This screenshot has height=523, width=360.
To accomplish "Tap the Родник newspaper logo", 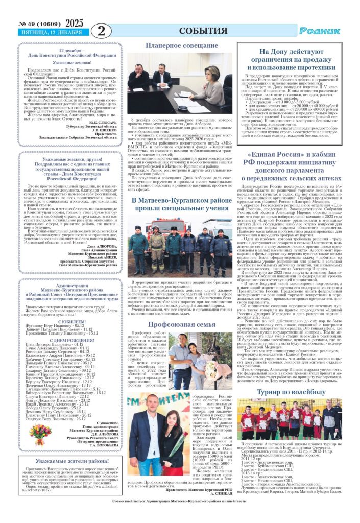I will tap(319, 31).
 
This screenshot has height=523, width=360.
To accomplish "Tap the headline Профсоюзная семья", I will tap(181, 324).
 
